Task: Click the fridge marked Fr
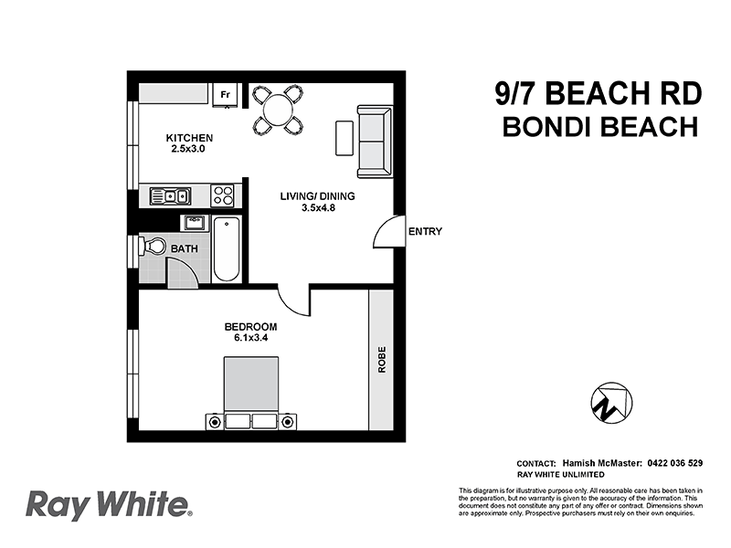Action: click(x=225, y=94)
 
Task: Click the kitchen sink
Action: click(x=170, y=195)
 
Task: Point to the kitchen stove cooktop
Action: click(x=222, y=195)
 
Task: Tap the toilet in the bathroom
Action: click(x=153, y=248)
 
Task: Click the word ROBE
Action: click(x=381, y=360)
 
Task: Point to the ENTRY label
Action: click(x=425, y=232)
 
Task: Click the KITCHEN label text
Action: click(x=189, y=138)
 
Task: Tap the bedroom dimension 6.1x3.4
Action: click(x=250, y=338)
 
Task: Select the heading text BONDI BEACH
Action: click(x=600, y=126)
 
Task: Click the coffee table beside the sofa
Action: click(x=344, y=138)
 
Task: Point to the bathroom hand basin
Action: click(x=193, y=222)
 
